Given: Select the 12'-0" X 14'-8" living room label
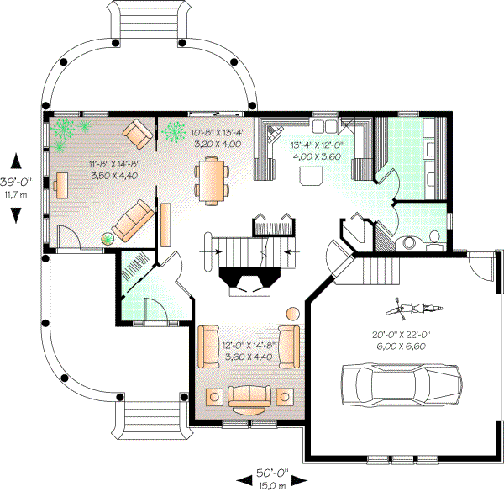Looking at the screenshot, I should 247,352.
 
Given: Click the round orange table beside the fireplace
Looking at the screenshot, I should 292,313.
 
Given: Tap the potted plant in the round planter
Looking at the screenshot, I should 108,238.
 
